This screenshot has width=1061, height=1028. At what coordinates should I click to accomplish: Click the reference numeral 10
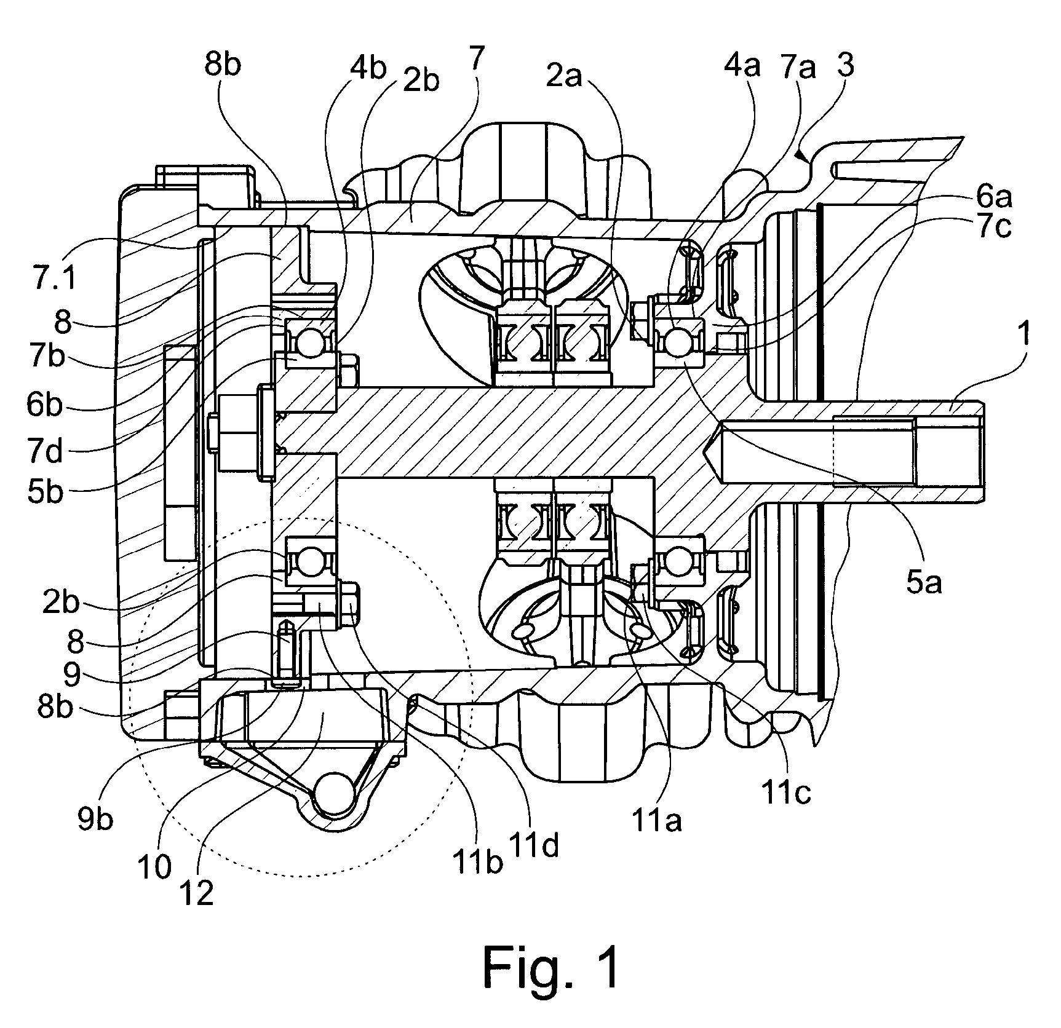154,867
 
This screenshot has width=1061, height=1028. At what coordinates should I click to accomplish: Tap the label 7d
45,453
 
